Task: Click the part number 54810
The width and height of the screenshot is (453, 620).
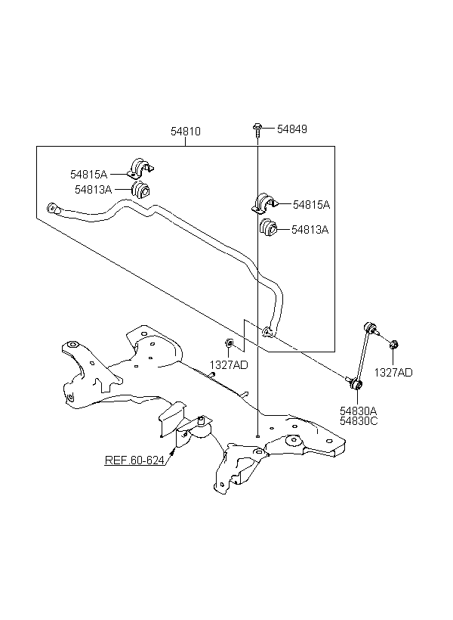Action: tap(185, 131)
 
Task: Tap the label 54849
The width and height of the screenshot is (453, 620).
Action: tap(291, 129)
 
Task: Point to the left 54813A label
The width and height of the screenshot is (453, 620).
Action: tap(93, 190)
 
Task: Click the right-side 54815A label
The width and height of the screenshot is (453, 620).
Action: tap(311, 204)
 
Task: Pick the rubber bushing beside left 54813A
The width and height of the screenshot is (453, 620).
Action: tap(140, 190)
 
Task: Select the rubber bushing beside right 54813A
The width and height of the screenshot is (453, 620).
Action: tap(267, 228)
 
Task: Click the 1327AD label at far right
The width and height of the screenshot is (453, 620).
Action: tap(394, 372)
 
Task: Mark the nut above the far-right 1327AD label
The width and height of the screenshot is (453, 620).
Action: tap(394, 346)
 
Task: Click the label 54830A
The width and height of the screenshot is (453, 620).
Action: tap(359, 411)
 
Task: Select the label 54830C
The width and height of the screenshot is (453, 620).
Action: tap(359, 421)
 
